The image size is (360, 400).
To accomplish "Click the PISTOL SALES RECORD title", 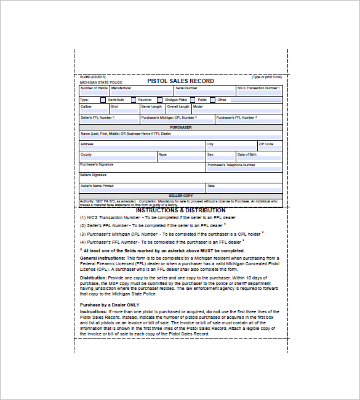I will pos(180,81).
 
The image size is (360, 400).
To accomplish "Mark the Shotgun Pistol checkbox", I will pos(161,100).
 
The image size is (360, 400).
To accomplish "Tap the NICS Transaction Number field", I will pos(259,91).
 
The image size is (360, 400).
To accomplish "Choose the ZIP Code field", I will pos(270,147).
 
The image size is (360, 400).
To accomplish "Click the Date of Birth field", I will pos(259,158).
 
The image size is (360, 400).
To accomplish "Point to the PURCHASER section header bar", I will pos(180,127).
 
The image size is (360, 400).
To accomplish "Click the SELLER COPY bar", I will pos(180,196).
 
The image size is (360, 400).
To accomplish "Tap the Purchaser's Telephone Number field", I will pos(244,168).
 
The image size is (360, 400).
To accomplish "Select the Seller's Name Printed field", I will pos(142,189).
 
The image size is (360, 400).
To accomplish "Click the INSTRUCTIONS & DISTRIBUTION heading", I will pos(180,210).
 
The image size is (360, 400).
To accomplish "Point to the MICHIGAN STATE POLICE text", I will pos(101,82).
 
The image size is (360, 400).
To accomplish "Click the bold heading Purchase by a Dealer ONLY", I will pos(110,305).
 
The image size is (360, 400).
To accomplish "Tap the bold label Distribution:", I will pos(94,278).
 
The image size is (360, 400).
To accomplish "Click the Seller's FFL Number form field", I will pos(109,119).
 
